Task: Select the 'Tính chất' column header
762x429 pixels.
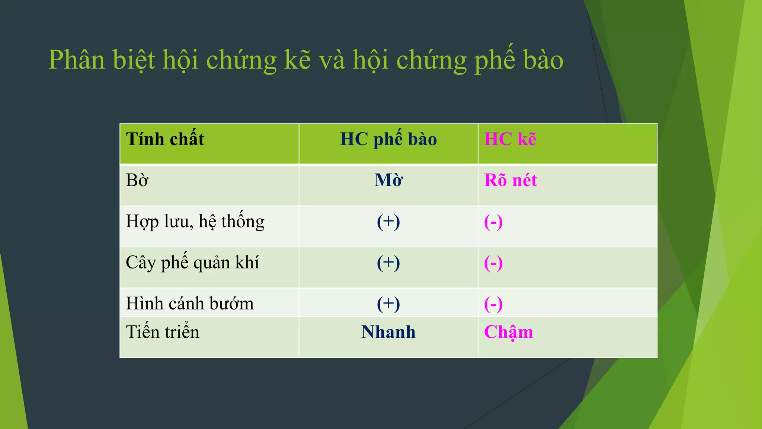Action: (165, 139)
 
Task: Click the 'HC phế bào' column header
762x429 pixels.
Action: (388, 139)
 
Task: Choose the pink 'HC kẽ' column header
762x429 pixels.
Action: (510, 139)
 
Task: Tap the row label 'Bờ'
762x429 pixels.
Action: (137, 181)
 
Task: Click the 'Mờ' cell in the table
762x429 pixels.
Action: (388, 181)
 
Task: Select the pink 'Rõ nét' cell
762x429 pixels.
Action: (510, 181)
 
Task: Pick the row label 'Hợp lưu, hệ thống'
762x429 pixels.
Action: (195, 222)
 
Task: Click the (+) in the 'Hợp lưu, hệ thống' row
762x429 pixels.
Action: (388, 222)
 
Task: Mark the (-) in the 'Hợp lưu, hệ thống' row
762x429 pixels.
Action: (493, 222)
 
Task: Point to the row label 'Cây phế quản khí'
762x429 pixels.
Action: (192, 263)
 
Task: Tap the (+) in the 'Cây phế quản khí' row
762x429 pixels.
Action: (388, 263)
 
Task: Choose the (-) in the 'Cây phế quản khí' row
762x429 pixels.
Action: (493, 263)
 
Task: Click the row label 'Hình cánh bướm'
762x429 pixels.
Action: (190, 304)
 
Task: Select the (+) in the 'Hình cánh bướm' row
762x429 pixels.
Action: (388, 304)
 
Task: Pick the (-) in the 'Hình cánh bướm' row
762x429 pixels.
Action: (493, 304)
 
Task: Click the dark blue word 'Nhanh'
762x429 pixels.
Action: (388, 332)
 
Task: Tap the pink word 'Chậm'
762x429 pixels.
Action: (509, 332)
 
